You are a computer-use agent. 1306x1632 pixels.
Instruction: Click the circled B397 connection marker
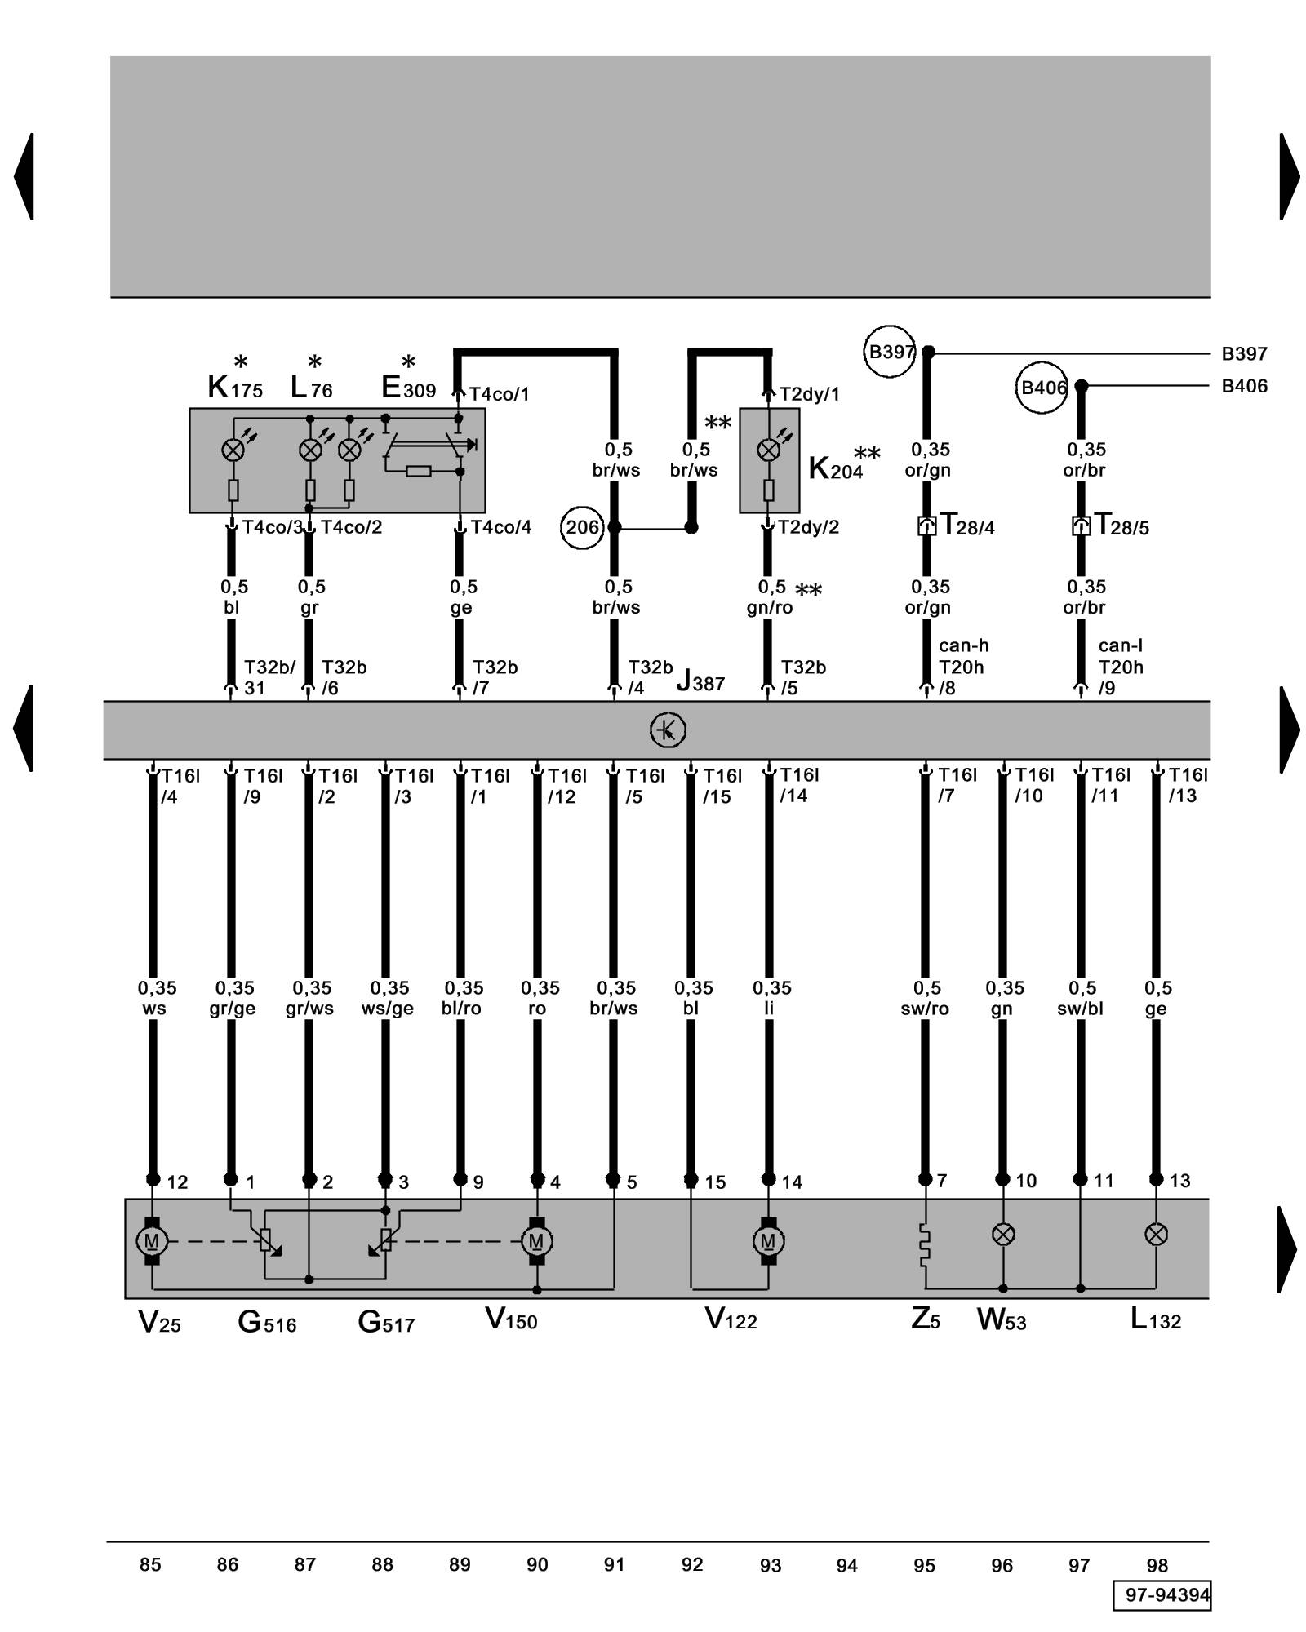point(890,353)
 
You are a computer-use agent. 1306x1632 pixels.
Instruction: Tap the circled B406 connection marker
point(1043,388)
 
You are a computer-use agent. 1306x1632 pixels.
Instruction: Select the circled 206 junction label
point(582,527)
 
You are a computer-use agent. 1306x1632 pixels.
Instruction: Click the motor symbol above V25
point(152,1241)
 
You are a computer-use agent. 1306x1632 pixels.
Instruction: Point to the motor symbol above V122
point(768,1241)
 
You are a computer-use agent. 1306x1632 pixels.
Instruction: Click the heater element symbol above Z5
point(925,1244)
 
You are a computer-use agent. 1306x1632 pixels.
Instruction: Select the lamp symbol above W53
point(1003,1234)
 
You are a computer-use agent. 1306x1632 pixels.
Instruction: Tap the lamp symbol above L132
point(1156,1234)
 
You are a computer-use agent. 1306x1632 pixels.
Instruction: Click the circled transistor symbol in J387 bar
point(668,730)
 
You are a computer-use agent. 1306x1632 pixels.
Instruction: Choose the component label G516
point(267,1322)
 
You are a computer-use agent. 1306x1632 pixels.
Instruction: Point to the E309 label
point(408,388)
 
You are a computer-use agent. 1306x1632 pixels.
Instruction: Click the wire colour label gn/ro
point(769,608)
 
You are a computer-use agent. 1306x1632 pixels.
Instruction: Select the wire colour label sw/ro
point(925,1009)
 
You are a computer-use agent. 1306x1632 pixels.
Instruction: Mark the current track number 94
point(847,1565)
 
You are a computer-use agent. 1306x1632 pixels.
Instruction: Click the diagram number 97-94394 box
point(1162,1594)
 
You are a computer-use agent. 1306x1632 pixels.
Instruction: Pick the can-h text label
point(963,645)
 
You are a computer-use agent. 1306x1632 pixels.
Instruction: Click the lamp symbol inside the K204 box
point(768,450)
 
